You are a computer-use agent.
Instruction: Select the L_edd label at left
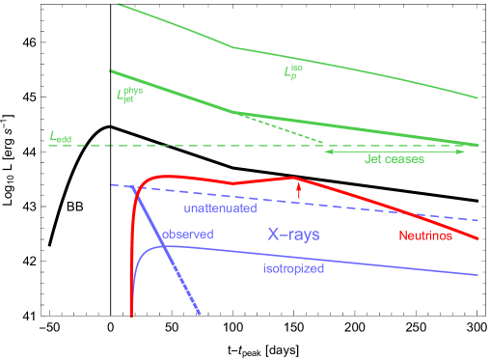(61, 138)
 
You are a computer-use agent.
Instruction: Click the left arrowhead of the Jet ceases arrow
(326, 152)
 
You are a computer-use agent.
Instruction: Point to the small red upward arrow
(299, 190)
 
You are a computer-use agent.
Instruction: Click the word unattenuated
(220, 208)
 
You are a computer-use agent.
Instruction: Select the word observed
(187, 235)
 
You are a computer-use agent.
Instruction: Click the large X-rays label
(293, 235)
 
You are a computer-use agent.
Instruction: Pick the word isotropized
(293, 269)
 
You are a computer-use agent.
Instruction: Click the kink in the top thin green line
(234, 46)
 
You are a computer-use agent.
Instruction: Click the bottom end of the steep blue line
(200, 314)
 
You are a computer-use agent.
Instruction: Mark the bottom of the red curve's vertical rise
(131, 315)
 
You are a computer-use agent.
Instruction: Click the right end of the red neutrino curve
(478, 238)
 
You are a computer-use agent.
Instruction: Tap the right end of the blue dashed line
(478, 221)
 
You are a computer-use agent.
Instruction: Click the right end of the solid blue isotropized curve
(478, 275)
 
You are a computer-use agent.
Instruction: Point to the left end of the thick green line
(111, 70)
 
